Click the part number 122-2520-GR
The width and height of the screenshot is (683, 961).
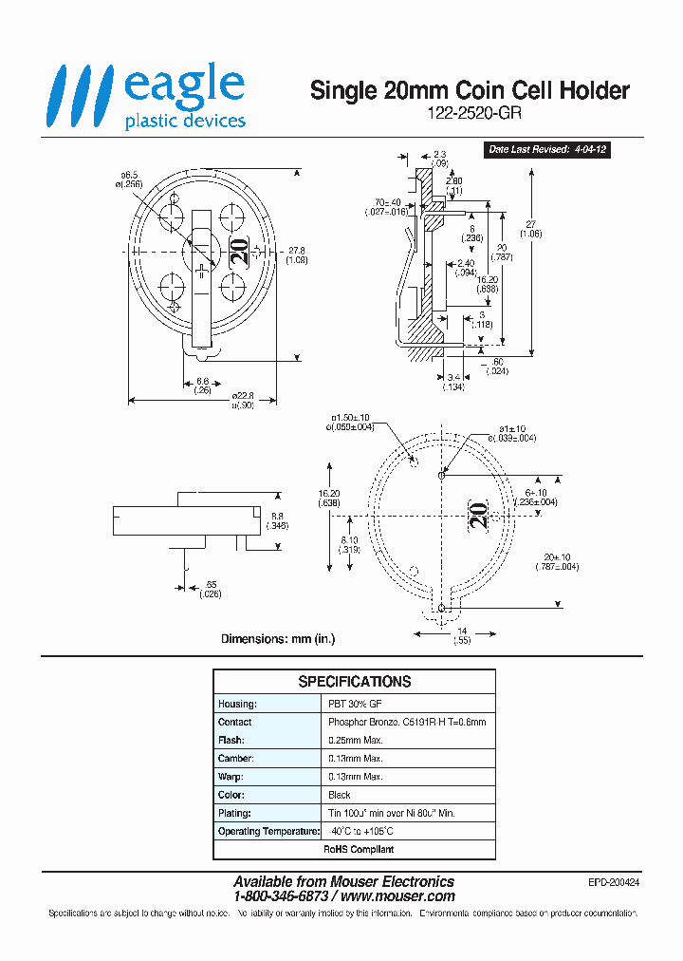point(471,111)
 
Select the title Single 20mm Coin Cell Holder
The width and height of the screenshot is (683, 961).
point(471,90)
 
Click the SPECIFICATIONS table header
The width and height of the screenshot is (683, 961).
point(354,682)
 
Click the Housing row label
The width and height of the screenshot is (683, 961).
point(236,704)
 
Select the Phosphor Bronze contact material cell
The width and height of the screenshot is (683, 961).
point(406,722)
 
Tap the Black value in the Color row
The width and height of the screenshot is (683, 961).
point(339,795)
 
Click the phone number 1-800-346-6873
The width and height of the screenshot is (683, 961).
point(281,896)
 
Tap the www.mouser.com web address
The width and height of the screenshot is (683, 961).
point(397,896)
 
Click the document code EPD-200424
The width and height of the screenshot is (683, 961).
point(614,882)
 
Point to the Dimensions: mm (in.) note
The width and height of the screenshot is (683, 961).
point(278,639)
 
